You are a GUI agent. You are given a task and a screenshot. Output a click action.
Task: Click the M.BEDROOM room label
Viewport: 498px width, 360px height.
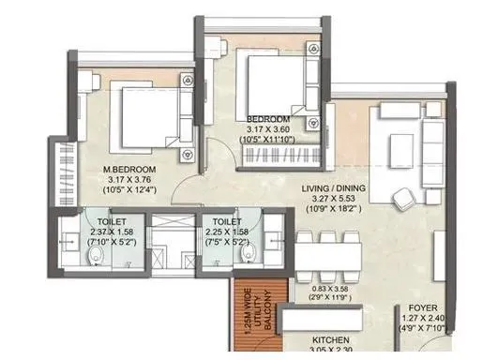coord(129,170)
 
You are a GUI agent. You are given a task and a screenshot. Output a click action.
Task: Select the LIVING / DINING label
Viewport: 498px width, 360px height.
coord(334,188)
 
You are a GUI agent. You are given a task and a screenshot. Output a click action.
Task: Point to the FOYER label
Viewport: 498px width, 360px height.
coord(423,307)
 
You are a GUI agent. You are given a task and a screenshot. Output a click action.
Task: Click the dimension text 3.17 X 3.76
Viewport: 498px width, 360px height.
coord(129,180)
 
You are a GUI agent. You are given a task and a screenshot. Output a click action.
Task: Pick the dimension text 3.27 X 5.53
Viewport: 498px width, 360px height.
coord(333,199)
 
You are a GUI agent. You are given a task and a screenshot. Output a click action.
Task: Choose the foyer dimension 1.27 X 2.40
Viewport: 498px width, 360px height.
coord(423,318)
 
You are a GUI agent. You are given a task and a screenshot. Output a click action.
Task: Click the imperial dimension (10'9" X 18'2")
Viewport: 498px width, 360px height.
coord(333,208)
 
